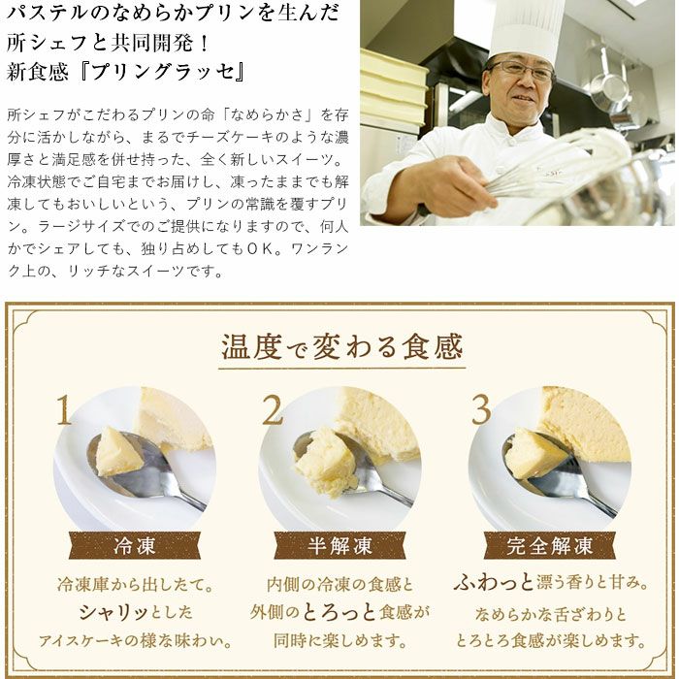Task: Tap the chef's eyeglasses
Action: (x=521, y=69)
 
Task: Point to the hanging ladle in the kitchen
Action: (x=608, y=82)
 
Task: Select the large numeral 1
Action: (x=64, y=409)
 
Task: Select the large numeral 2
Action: (x=273, y=409)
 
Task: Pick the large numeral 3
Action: (x=481, y=409)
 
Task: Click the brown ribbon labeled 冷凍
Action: (x=134, y=545)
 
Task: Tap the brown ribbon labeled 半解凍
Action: (x=339, y=545)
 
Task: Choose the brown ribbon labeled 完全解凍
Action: (x=550, y=545)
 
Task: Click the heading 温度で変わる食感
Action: (x=341, y=346)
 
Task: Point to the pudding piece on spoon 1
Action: (x=118, y=452)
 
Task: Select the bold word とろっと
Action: (x=339, y=612)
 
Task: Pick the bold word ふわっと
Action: (x=494, y=582)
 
